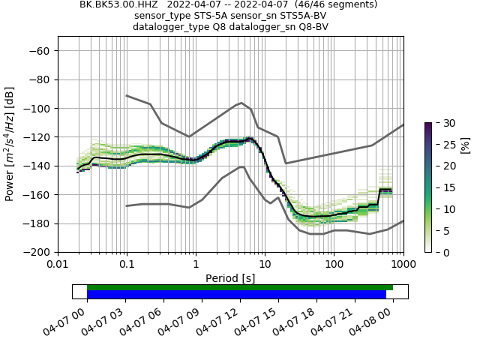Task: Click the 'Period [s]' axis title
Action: tap(230, 278)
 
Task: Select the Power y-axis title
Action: tap(10, 144)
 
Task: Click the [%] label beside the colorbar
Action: tap(465, 144)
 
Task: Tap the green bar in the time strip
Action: tap(240, 287)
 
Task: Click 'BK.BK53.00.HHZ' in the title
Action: tap(120, 4)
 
